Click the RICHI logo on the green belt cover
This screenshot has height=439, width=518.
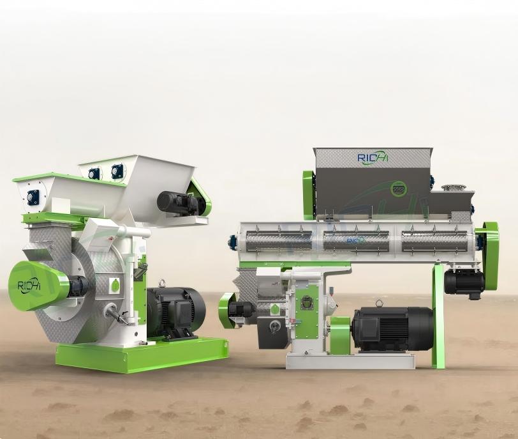click(29, 286)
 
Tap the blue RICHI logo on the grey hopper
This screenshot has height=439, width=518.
click(373, 157)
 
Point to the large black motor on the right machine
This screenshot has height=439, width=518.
click(392, 328)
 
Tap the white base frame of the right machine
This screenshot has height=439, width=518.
click(350, 360)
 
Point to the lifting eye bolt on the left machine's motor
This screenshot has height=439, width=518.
click(162, 283)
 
